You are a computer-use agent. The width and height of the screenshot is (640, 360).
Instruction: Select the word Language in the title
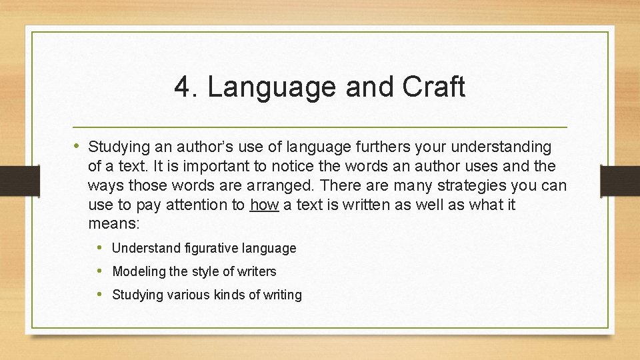coord(265,87)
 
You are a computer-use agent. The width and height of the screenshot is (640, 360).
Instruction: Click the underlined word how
coord(264,205)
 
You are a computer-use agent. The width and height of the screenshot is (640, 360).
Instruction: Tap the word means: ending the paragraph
coord(113,224)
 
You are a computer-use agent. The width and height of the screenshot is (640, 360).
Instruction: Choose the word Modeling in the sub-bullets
coord(139,271)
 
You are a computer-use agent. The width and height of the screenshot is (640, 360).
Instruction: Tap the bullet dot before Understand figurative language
coord(99,247)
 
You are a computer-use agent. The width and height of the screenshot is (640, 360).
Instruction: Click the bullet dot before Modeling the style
coord(99,271)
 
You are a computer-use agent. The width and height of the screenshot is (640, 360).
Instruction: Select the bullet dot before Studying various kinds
coord(99,294)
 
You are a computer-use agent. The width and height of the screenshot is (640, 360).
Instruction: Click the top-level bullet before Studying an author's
coord(77,145)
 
